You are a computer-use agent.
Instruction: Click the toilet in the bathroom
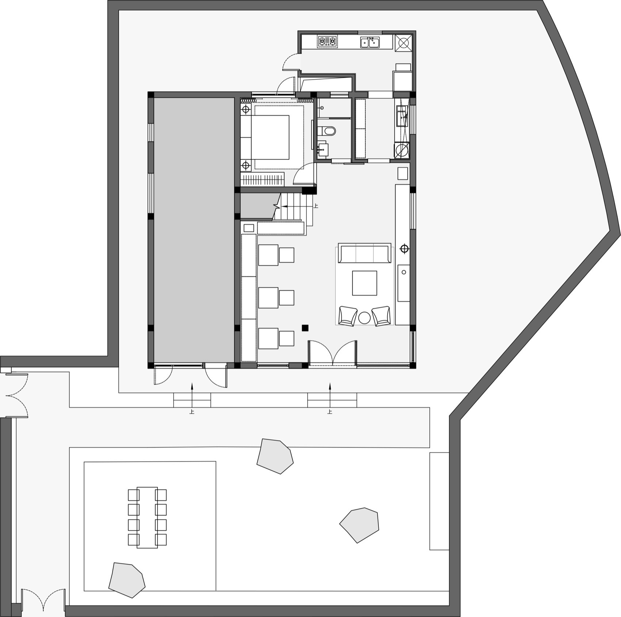327,131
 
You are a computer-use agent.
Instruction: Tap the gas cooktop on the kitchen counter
327,42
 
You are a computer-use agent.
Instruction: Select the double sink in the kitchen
370,42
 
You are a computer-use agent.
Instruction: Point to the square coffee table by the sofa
364,283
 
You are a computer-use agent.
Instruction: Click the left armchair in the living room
348,316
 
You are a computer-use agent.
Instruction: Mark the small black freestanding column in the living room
305,328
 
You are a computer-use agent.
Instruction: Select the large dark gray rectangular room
194,230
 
